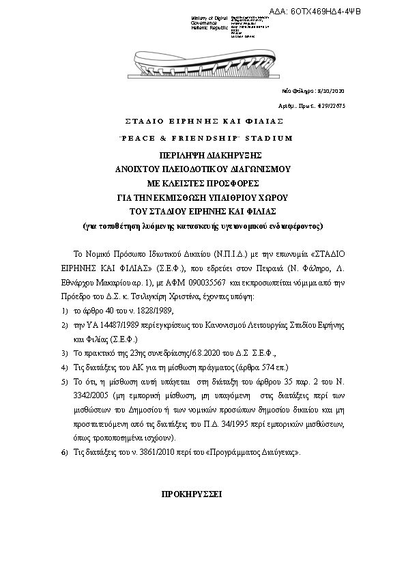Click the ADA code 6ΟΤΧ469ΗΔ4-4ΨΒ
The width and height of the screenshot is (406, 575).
(354, 12)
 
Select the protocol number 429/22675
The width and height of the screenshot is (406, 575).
(332, 106)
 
